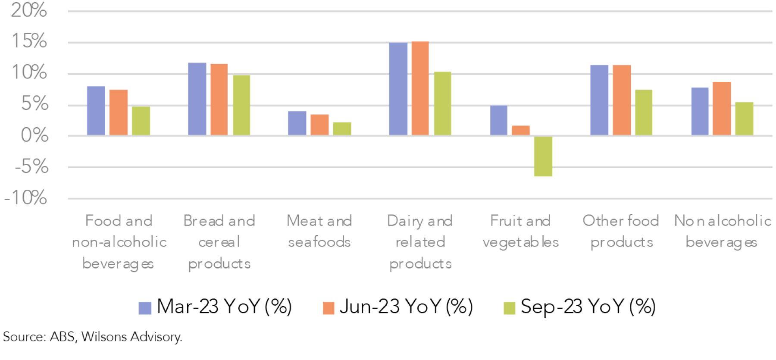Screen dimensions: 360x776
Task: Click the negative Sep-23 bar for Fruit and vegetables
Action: point(543,156)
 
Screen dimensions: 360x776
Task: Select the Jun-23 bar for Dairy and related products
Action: point(420,88)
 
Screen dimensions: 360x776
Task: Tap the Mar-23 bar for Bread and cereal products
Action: point(197,99)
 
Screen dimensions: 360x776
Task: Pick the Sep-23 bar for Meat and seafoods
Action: point(342,129)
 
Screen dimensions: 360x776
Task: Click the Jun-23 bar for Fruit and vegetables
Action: point(520,131)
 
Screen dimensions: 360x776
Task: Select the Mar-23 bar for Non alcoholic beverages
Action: point(700,112)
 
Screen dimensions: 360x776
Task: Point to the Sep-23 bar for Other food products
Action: point(643,113)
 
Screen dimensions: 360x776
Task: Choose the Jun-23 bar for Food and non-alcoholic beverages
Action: point(119,113)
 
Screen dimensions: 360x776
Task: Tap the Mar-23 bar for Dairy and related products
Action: point(398,89)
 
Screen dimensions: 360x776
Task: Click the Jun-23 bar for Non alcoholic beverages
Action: point(722,109)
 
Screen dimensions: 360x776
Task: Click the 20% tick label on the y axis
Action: point(29,10)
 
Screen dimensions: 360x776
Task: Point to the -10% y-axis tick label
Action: point(26,198)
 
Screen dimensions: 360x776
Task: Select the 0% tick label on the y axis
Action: point(34,135)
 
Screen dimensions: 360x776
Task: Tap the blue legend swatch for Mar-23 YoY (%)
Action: point(145,308)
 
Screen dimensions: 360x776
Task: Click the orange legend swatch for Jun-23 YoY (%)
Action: point(329,308)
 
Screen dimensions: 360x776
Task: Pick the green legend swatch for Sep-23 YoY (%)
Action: point(510,308)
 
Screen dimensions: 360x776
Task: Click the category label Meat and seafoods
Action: point(319,231)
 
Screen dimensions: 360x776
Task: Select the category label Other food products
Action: point(621,231)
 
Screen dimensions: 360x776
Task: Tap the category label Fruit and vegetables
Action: point(520,231)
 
